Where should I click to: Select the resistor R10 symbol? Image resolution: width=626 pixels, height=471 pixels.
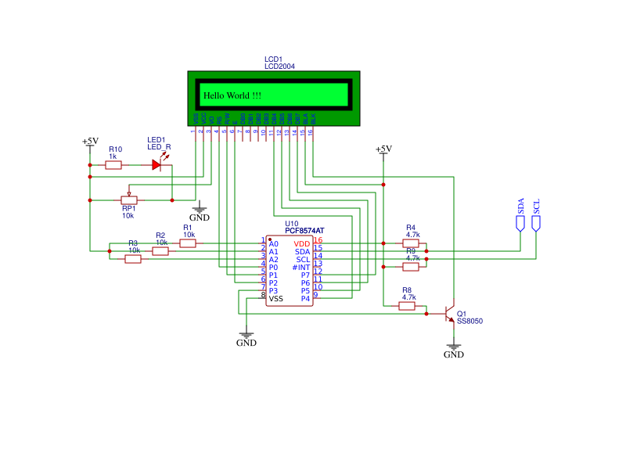pyautogui.click(x=113, y=165)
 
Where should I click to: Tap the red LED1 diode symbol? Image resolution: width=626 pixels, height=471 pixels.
pyautogui.click(x=156, y=165)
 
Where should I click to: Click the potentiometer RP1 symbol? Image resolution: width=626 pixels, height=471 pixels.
pyautogui.click(x=129, y=200)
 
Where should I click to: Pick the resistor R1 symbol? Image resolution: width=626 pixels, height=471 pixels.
pyautogui.click(x=188, y=243)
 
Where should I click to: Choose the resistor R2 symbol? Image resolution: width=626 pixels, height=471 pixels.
pyautogui.click(x=160, y=251)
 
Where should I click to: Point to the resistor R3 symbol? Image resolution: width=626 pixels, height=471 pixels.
pyautogui.click(x=133, y=259)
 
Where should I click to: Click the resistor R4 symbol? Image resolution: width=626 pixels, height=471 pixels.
pyautogui.click(x=411, y=243)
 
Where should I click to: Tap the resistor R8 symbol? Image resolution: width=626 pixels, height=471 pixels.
pyautogui.click(x=407, y=306)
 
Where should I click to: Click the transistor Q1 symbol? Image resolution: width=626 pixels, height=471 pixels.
pyautogui.click(x=450, y=314)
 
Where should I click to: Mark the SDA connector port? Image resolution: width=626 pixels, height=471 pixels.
pyautogui.click(x=520, y=223)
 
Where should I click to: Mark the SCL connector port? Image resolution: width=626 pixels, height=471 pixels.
pyautogui.click(x=536, y=223)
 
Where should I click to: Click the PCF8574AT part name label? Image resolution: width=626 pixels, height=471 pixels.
pyautogui.click(x=304, y=231)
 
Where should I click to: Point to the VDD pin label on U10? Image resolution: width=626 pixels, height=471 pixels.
pyautogui.click(x=302, y=244)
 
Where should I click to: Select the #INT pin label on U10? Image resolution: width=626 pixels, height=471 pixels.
pyautogui.click(x=301, y=268)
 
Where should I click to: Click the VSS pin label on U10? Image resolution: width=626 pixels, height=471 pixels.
pyautogui.click(x=276, y=299)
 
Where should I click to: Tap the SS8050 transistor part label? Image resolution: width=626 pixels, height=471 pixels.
pyautogui.click(x=469, y=322)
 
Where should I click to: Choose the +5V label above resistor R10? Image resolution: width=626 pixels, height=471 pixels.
pyautogui.click(x=90, y=142)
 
